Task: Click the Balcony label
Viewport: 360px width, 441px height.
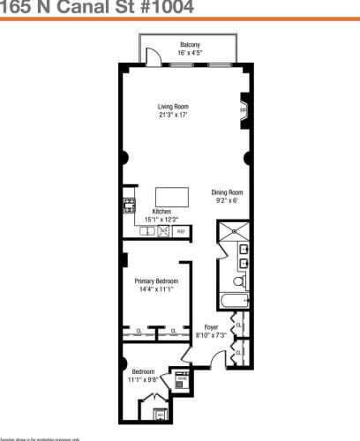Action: [x=191, y=44]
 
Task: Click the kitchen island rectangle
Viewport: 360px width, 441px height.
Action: [x=172, y=196]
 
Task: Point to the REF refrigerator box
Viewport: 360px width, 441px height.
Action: [x=182, y=231]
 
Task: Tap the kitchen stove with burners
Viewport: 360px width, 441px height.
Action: [x=127, y=208]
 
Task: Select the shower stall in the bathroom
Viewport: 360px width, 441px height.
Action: [x=235, y=231]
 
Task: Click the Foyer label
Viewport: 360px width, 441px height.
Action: [x=211, y=327]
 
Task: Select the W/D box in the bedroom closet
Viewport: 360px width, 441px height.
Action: [x=160, y=413]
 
